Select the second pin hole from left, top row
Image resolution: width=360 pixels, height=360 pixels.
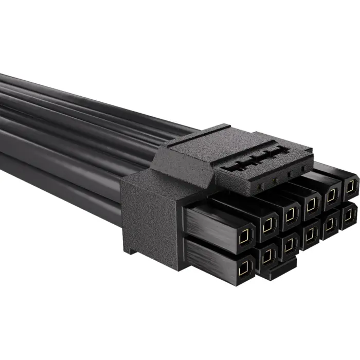point(268,224)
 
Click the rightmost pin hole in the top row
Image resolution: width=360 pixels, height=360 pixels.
point(349,187)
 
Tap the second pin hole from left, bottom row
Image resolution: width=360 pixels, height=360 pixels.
point(267,255)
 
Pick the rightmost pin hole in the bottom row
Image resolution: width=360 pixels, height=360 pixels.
point(349,213)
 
